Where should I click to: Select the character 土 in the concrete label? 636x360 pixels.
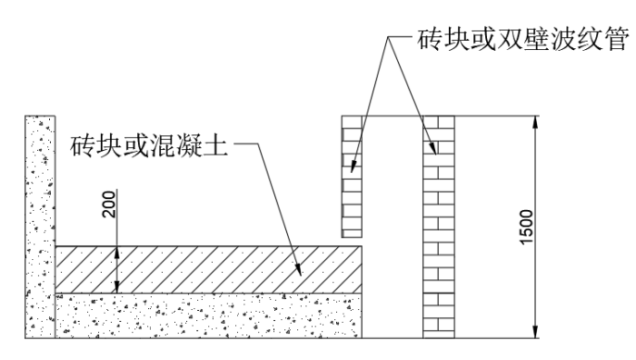click(x=217, y=145)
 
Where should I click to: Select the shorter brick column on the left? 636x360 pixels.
click(x=353, y=176)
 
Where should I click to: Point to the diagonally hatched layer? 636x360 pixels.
click(x=209, y=269)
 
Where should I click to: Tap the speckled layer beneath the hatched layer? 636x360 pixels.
click(x=209, y=315)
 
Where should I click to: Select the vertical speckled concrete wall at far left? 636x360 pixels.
click(x=41, y=227)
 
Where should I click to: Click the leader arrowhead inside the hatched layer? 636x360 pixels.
click(x=301, y=269)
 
